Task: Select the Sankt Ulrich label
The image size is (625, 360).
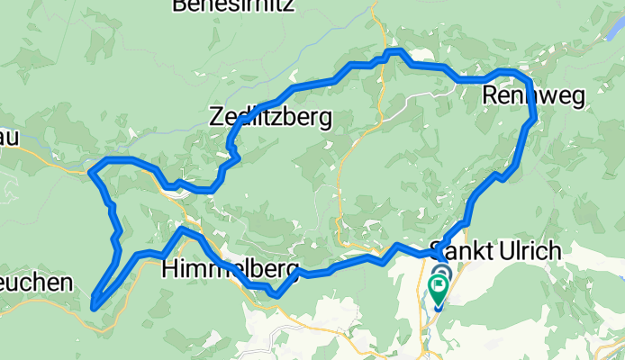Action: coord(496,250)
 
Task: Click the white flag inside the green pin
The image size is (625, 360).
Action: coord(439,287)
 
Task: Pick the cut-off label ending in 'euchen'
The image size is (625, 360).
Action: coord(35,283)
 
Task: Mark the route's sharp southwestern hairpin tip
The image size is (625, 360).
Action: coord(94,306)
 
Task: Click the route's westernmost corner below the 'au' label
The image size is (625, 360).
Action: coord(90,169)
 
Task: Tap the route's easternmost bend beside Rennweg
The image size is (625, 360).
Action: coord(534,115)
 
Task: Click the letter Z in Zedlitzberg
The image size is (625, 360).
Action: coord(215,116)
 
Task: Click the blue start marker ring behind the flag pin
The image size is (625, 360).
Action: coord(441,273)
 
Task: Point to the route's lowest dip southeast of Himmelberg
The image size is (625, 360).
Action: coord(276,294)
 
